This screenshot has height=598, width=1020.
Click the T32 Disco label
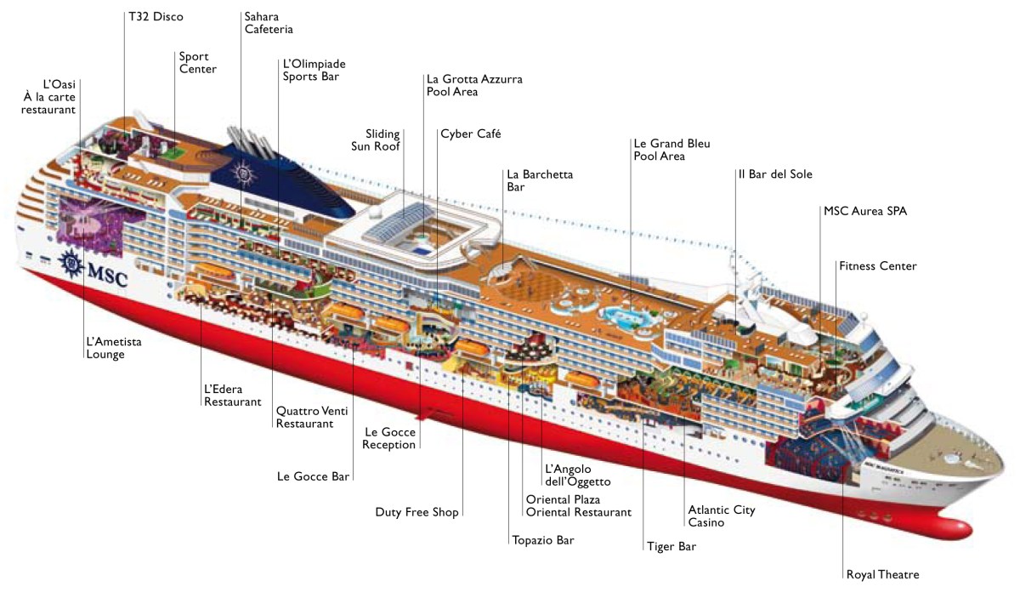pyautogui.click(x=155, y=16)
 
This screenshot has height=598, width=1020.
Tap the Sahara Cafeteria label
pyautogui.click(x=268, y=23)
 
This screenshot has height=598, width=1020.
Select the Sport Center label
pyautogui.click(x=197, y=63)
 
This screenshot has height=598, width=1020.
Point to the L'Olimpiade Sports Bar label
pyautogui.click(x=314, y=70)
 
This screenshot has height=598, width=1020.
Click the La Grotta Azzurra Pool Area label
pyautogui.click(x=474, y=85)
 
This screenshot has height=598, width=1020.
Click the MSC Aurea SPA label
pyautogui.click(x=864, y=211)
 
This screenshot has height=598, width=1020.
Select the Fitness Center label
pyautogui.click(x=877, y=266)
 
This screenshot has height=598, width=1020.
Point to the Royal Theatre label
pyautogui.click(x=882, y=574)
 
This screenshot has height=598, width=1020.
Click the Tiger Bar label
pyautogui.click(x=671, y=546)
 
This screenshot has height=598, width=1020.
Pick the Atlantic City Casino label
pyautogui.click(x=721, y=516)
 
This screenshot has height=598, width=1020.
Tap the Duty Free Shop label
pyautogui.click(x=416, y=512)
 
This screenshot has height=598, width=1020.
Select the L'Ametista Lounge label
pyautogui.click(x=113, y=348)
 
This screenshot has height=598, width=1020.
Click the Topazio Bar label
pyautogui.click(x=542, y=539)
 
